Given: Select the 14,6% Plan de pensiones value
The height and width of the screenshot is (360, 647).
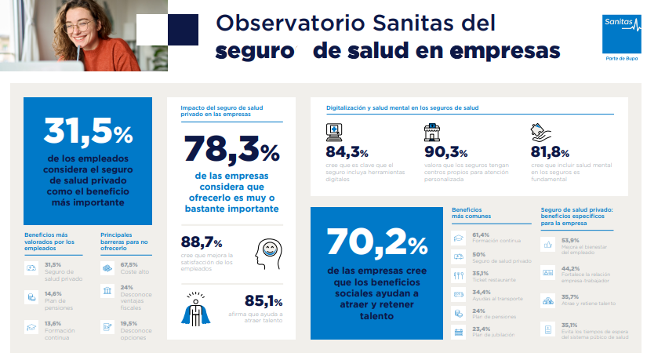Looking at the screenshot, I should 52,293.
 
